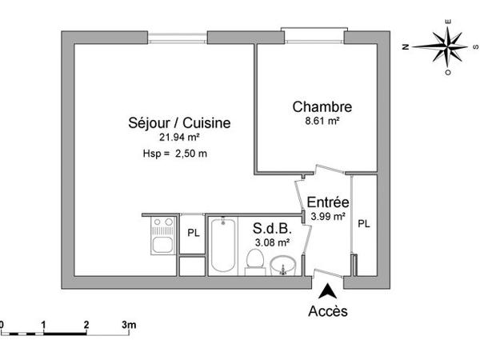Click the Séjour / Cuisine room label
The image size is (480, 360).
tap(179, 123)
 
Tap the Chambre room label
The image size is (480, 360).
tap(322, 106)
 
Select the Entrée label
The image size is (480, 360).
tap(327, 202)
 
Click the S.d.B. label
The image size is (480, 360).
tap(270, 229)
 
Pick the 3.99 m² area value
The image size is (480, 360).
tap(327, 216)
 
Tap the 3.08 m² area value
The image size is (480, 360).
tap(271, 242)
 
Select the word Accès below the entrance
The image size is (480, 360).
tap(328, 311)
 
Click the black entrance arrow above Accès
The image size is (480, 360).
tap(326, 293)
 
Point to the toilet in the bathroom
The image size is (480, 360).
tap(255, 261)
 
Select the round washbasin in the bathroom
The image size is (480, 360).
tap(282, 264)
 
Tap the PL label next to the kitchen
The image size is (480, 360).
tap(193, 233)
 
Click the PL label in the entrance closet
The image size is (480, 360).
tap(363, 224)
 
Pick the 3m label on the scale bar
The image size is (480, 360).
tap(128, 324)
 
